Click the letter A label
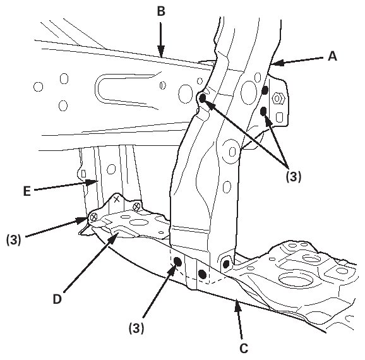(332, 56)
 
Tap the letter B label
(161, 11)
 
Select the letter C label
(244, 349)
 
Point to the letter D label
(57, 299)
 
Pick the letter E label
(27, 191)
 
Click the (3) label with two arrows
(293, 176)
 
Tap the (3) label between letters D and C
(136, 328)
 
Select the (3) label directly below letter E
(14, 239)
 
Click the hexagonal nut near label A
(277, 99)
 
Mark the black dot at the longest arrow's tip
(203, 98)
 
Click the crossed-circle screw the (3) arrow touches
(93, 217)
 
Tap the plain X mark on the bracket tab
(117, 199)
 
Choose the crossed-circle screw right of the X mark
(136, 207)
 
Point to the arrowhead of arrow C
(237, 305)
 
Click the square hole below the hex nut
(279, 117)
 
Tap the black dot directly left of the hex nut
(265, 90)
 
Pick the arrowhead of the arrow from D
(114, 237)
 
